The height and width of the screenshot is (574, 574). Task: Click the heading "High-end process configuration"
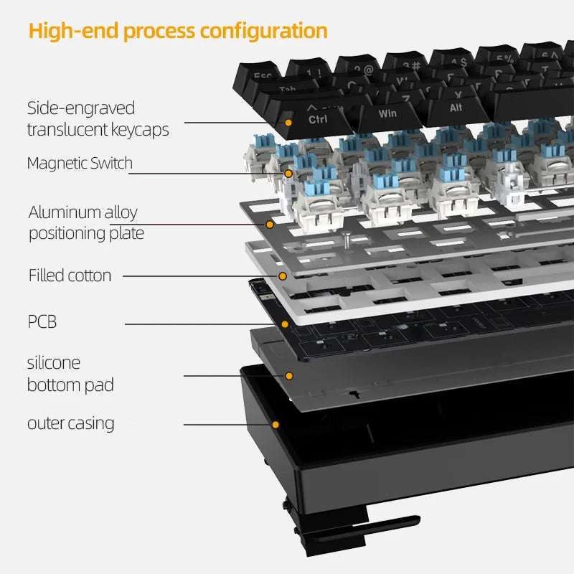[178, 32]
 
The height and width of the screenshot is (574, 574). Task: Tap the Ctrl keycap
[318, 118]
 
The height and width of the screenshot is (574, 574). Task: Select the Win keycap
[387, 113]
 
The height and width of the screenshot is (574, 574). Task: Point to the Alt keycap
[456, 108]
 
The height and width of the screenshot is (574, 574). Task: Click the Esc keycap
[263, 75]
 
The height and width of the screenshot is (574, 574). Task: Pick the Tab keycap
[287, 90]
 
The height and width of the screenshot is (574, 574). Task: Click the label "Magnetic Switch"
[80, 163]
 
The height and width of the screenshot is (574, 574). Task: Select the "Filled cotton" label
[70, 275]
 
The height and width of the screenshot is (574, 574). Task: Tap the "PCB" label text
[42, 321]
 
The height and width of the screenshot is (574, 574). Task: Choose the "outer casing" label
[70, 423]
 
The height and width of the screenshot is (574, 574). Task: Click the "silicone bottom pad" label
[70, 374]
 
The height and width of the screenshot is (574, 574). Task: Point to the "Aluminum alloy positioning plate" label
[85, 222]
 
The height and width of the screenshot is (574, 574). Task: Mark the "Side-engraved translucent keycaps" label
[98, 119]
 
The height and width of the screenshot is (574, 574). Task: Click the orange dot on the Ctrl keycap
[288, 123]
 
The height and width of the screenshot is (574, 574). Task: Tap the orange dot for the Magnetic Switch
[288, 173]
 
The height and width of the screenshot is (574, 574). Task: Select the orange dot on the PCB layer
[285, 324]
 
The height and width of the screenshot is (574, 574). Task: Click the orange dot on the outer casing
[275, 425]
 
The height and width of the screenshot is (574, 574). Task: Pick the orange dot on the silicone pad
[289, 375]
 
